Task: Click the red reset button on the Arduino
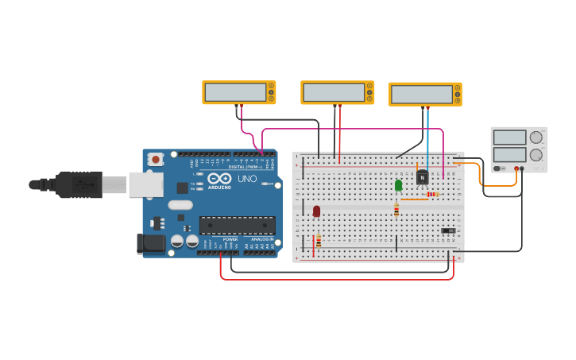click(156, 159)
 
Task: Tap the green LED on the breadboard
click(398, 185)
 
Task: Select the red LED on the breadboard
click(316, 211)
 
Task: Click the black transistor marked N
click(422, 177)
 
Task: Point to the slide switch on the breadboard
click(449, 231)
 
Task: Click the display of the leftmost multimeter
click(235, 92)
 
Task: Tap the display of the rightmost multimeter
click(421, 94)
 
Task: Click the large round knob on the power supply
click(537, 154)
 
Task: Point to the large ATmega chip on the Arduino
click(238, 225)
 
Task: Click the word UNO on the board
click(247, 179)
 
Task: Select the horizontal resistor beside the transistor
click(431, 194)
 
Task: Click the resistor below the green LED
click(396, 210)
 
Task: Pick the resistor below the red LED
click(319, 240)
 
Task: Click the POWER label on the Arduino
click(230, 239)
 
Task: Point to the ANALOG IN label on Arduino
click(261, 239)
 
